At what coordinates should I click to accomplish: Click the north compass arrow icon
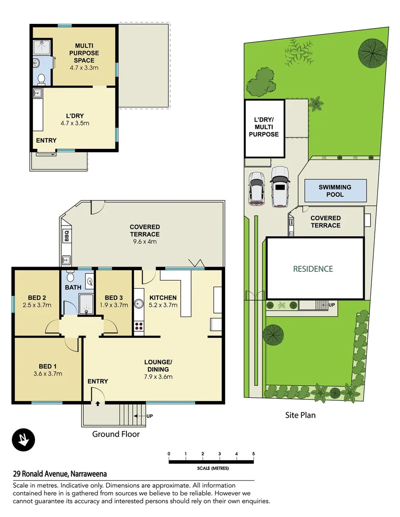23,439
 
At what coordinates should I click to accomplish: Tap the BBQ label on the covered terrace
66,236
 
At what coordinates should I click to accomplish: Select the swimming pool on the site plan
335,191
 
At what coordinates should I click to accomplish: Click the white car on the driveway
280,187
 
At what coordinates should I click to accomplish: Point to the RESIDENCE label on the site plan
313,269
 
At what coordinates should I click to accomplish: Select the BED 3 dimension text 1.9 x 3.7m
114,304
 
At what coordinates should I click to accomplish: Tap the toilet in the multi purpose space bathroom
41,79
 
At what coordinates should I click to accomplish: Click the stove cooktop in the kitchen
139,326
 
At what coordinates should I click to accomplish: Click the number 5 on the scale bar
253,453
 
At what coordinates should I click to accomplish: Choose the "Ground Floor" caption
116,434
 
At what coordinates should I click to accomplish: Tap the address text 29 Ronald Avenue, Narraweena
60,474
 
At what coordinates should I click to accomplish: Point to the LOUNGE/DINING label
158,369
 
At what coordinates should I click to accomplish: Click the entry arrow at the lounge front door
98,404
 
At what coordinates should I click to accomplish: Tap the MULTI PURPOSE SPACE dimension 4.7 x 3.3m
84,68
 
